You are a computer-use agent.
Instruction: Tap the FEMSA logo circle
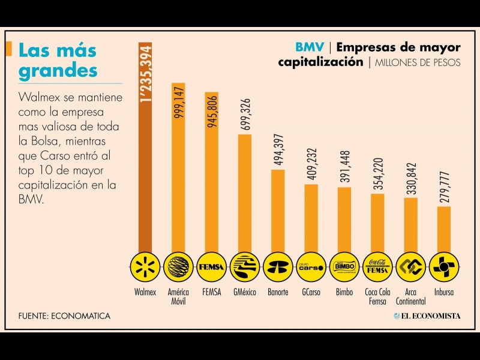pos(212,267)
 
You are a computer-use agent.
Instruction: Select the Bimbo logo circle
pos(344,267)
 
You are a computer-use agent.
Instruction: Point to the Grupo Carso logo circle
pos(311,267)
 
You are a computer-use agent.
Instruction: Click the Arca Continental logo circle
pos(410,267)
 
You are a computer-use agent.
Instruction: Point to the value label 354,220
pos(377,173)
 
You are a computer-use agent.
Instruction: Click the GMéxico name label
pos(245,293)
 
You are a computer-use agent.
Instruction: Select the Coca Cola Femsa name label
pos(377,296)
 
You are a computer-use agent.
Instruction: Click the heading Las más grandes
pos(58,60)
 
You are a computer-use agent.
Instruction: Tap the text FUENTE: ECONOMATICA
pos(64,316)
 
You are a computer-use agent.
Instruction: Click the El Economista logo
pos(427,316)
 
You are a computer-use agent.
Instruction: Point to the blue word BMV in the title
pos(310,47)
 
